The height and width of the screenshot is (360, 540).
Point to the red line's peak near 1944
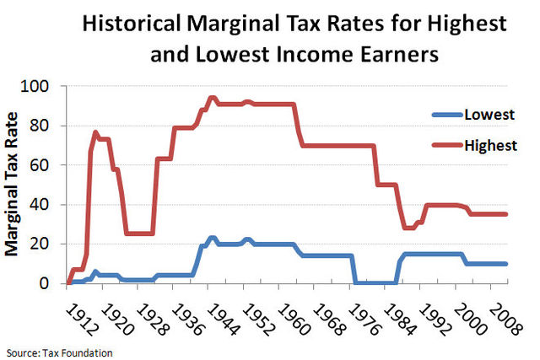pos(211,98)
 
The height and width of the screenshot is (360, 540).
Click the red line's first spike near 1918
pos(95,132)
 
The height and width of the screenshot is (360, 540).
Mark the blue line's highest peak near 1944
pos(211,239)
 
